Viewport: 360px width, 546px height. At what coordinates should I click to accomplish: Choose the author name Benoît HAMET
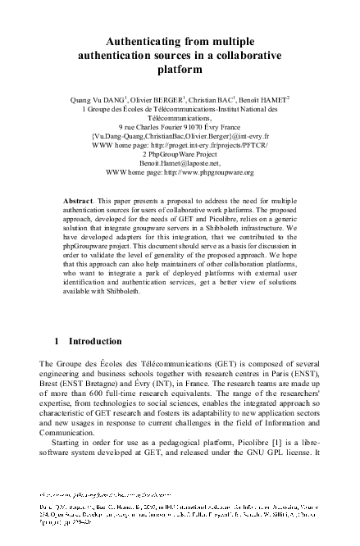[287, 98]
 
